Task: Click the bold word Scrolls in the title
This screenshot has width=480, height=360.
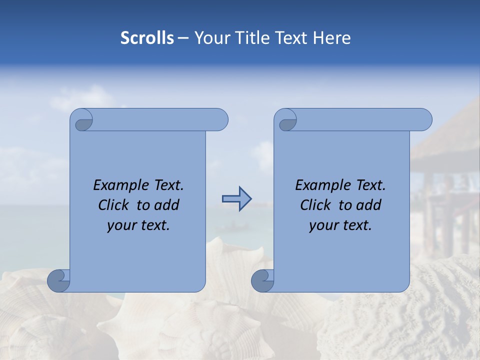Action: coord(147,37)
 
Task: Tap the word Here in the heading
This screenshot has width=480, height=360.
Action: coord(332,37)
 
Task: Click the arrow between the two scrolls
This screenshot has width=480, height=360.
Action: coord(236,199)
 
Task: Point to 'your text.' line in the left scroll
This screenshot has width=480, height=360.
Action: coord(138,225)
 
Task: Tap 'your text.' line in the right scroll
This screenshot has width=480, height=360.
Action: coord(340,225)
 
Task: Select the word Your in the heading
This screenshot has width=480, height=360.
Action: coord(211,37)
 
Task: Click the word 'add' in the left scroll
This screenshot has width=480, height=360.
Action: coord(166,205)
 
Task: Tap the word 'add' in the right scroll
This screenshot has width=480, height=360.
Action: coord(368,205)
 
